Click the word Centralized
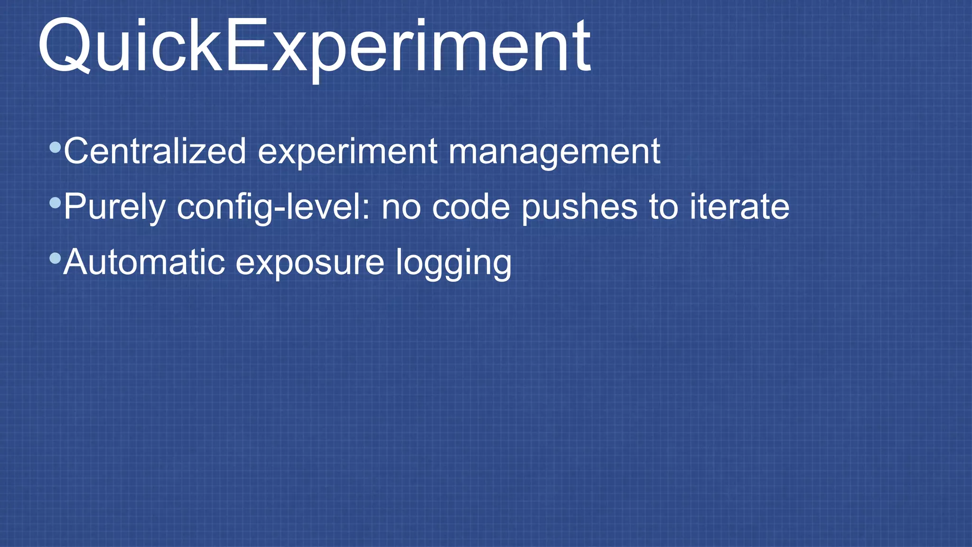pos(155,151)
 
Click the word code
pos(471,207)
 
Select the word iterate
pos(739,207)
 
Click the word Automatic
pos(144,262)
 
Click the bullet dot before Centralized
pos(55,147)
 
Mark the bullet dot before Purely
pos(55,203)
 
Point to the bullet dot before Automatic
pos(55,259)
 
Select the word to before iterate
pos(664,207)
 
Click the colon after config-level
pos(365,209)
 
